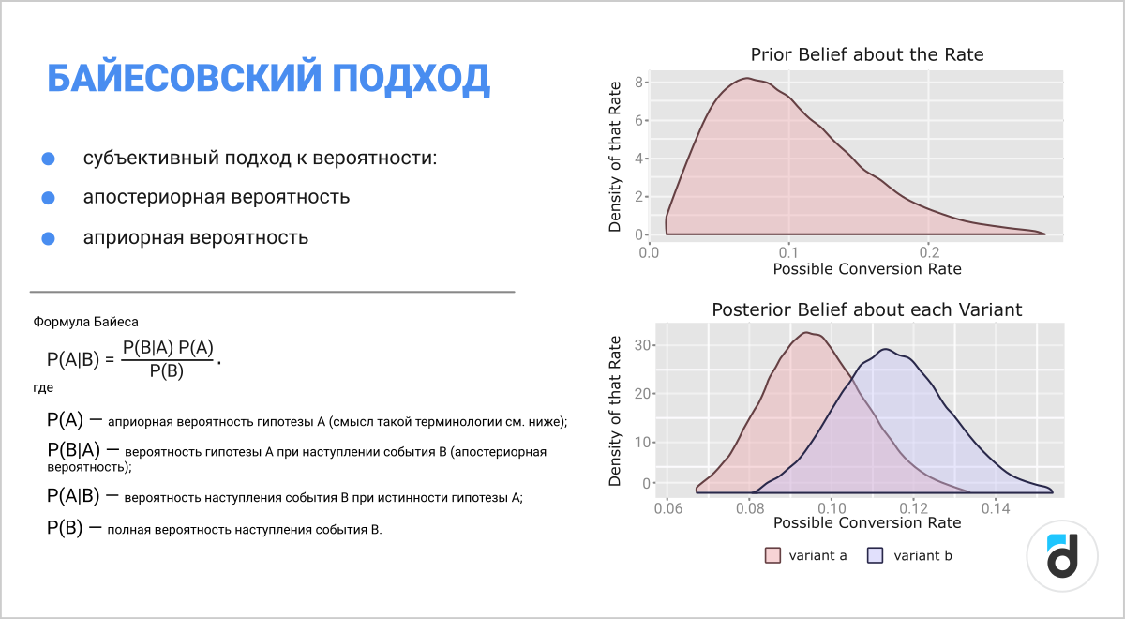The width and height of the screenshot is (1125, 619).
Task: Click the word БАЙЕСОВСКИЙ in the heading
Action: (185, 79)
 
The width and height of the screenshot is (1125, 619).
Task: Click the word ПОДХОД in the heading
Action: (411, 79)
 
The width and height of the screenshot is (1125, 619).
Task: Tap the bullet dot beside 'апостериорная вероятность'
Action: (48, 198)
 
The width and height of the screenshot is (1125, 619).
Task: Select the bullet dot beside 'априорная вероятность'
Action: (48, 238)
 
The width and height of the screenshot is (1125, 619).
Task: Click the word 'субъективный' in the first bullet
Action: (150, 159)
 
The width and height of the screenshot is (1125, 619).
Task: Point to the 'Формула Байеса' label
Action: (85, 322)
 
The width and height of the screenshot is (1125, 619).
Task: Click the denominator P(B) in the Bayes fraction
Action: (166, 371)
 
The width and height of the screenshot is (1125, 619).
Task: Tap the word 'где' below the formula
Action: (43, 388)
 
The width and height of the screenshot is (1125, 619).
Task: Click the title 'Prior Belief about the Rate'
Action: (867, 54)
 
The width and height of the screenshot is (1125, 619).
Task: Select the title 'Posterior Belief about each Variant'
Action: (867, 310)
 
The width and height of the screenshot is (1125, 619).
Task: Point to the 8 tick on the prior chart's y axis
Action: (638, 83)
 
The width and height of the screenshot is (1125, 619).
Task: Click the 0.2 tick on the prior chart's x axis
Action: (929, 252)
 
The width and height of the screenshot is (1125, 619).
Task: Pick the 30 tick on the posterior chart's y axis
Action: (642, 345)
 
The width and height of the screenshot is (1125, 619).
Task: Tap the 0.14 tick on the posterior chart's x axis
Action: (996, 508)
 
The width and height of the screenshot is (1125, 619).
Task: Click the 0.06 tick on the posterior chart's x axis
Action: (667, 508)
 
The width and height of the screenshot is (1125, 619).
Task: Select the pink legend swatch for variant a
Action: (772, 555)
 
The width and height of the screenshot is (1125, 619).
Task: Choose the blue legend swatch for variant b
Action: (875, 555)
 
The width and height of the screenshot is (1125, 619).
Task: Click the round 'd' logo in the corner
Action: (1061, 556)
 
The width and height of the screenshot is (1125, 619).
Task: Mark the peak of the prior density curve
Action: (747, 79)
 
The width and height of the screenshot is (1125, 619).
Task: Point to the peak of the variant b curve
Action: (885, 349)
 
